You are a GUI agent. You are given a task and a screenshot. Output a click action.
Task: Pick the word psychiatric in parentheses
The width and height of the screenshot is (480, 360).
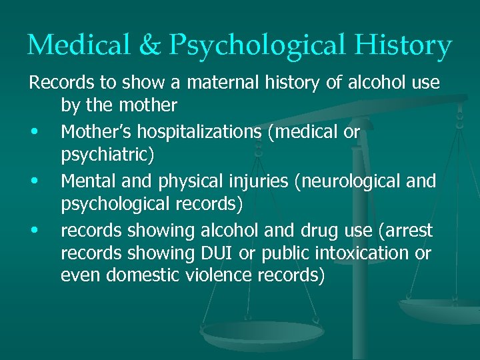[107, 155]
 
